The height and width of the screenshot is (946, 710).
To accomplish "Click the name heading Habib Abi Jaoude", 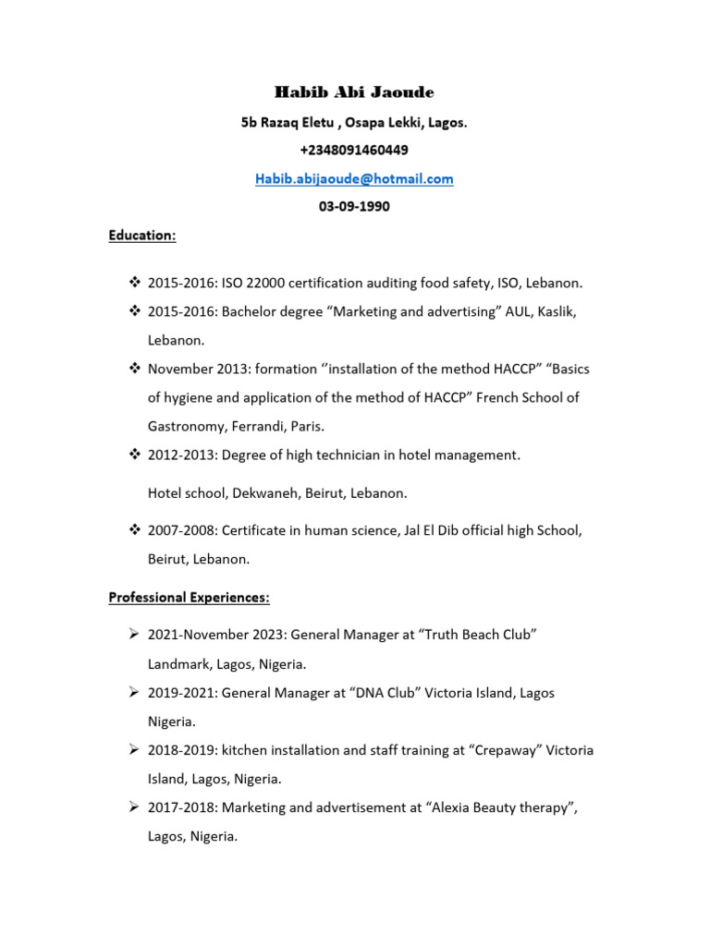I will click(354, 92).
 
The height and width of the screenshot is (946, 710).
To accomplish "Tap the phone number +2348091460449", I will click(354, 150).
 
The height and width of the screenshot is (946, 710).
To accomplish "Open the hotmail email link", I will click(354, 178).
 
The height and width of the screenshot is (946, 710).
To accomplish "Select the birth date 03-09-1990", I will click(354, 207).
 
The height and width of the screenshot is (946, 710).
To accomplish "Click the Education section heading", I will click(141, 236).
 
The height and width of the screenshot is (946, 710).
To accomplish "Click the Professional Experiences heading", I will click(189, 598).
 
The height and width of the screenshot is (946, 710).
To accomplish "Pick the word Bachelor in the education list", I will click(251, 312).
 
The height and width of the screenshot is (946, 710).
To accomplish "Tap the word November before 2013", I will click(180, 370).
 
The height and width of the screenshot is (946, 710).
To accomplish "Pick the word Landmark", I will click(179, 664).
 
